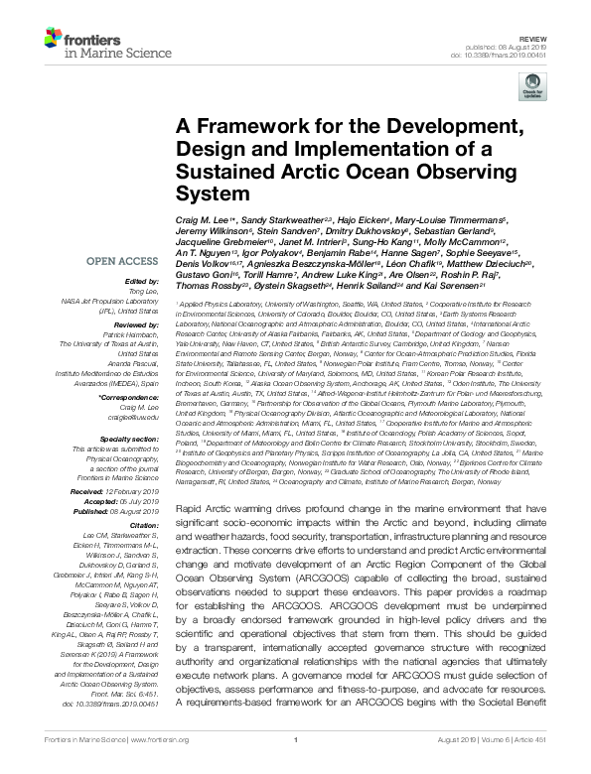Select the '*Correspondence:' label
pyautogui.click(x=120, y=397)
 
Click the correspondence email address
pyautogui.click(x=125, y=417)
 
